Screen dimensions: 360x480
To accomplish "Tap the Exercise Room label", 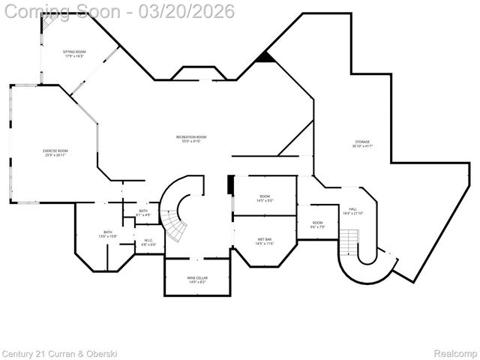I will tap(55, 153).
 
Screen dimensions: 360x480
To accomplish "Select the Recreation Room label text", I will tap(191, 138).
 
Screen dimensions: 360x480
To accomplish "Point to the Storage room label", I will tap(362, 144).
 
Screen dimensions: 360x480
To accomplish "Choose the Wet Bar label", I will tap(264, 241).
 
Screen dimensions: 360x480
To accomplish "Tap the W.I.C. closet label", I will tap(149, 242).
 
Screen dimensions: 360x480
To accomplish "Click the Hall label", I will tap(352, 211).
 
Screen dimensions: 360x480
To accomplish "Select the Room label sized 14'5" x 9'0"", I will tap(264, 198).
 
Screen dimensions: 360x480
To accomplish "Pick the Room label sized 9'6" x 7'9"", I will tap(317, 224).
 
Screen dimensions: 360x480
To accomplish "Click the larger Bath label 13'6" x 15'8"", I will tap(108, 234).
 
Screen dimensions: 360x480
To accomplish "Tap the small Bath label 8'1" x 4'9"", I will tap(144, 213).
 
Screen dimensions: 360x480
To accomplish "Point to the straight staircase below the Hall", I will tap(349, 242).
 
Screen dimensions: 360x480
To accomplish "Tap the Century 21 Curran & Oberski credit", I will tap(59, 352).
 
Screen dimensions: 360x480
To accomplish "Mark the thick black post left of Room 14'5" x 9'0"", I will tap(231, 185).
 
